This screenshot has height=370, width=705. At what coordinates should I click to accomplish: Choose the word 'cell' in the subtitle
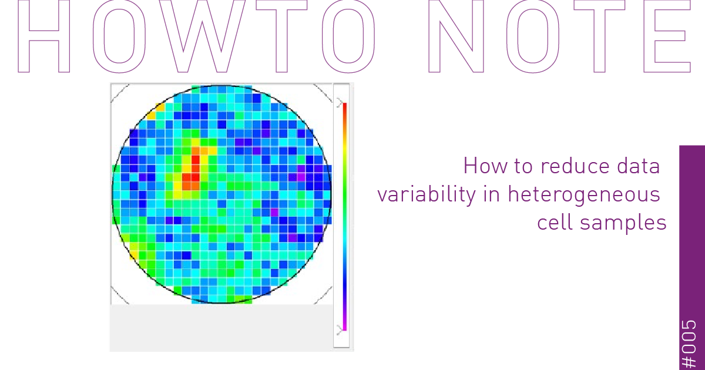[555, 223]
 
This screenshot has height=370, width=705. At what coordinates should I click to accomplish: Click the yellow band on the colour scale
[345, 153]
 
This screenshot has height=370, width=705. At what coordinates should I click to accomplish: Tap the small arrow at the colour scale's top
[340, 103]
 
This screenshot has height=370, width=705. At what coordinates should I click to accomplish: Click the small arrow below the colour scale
[340, 329]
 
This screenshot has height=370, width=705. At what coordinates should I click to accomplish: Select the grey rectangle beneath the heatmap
[221, 327]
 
